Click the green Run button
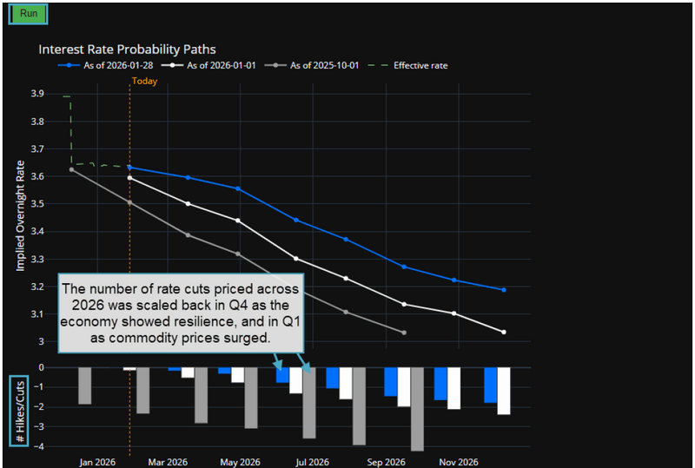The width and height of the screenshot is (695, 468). pos(28,14)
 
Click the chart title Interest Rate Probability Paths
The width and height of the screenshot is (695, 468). pos(127,49)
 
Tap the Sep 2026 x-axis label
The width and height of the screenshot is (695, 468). pos(386,461)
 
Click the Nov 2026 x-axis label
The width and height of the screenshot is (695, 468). pos(458,461)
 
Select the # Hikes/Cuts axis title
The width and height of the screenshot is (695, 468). pos(19,411)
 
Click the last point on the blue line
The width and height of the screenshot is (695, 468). pos(504,290)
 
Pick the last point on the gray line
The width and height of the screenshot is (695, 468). pos(404,333)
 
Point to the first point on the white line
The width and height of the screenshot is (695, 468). pos(129,178)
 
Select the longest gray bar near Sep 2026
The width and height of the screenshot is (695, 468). pos(417,408)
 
